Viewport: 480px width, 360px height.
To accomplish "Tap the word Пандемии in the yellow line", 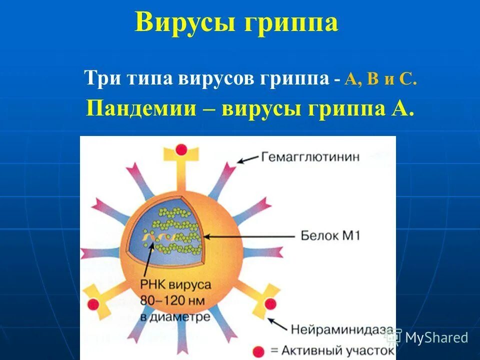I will click(x=140, y=107).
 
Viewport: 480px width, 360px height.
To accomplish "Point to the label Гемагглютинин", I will click(x=310, y=156).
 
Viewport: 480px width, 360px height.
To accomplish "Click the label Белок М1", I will click(x=330, y=235).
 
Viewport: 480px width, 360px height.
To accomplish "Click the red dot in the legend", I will click(x=258, y=350).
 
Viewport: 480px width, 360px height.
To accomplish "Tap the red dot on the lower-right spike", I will click(x=270, y=304).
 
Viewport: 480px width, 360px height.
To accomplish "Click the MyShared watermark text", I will click(x=436, y=337).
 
